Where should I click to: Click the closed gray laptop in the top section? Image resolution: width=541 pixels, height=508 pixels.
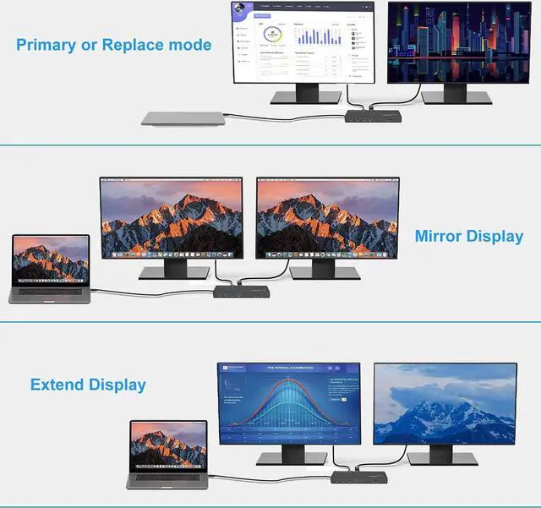pos(183,120)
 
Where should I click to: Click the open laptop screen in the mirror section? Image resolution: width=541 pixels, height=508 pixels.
pos(50,259)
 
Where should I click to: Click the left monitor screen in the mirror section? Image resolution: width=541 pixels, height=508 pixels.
pos(171,216)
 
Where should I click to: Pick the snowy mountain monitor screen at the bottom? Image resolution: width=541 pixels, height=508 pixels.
pos(445,404)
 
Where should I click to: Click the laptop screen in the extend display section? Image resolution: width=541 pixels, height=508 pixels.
pos(169,445)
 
